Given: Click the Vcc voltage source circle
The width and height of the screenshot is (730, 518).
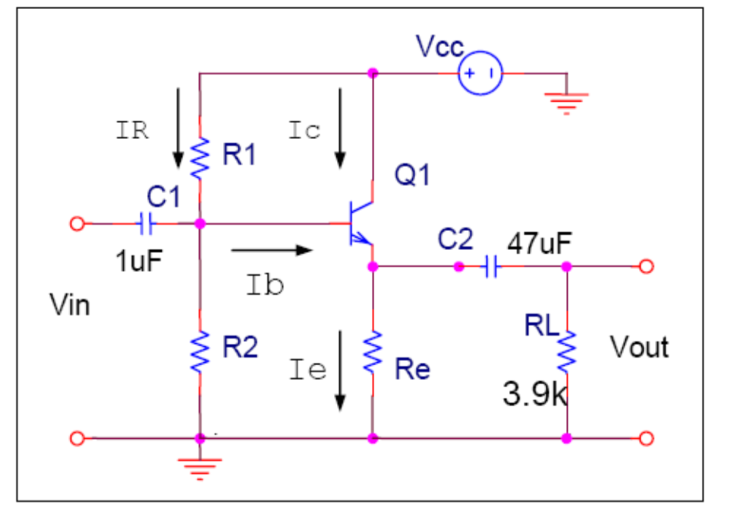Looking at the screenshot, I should point(480,74).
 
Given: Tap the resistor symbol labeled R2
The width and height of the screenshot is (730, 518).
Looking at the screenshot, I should point(200,351).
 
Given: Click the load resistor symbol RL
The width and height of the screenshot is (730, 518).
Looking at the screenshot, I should point(567,351).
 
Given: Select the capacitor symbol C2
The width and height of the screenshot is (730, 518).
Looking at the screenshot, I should point(491,267).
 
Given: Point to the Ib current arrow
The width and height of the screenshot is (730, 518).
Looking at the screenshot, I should point(272,249).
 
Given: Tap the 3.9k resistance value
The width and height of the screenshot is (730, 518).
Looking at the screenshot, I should point(534,395).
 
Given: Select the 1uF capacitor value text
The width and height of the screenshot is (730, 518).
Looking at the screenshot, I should point(140,262).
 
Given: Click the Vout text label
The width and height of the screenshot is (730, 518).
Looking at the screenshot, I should point(639,347).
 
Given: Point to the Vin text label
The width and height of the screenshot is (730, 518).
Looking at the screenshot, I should point(70,305).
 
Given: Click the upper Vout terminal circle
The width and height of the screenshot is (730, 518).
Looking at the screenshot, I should point(645,267).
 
